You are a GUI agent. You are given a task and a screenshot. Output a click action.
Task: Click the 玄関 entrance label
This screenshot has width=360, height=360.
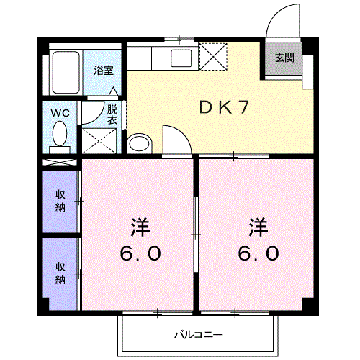[284, 58]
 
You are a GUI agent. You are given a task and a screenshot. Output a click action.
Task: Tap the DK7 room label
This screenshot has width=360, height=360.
[224, 107]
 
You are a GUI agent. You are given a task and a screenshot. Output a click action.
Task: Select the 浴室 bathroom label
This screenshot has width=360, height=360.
[104, 71]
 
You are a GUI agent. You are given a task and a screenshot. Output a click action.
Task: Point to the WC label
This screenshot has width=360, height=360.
[60, 113]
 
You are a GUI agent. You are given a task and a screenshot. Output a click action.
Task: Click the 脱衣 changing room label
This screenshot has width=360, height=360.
[112, 114]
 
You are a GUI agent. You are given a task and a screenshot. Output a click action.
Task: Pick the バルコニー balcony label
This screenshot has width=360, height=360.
[199, 335]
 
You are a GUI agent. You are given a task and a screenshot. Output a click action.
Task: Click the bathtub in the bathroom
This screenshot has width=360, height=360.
[66, 73]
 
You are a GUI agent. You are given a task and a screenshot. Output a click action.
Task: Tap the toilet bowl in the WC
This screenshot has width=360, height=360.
[60, 134]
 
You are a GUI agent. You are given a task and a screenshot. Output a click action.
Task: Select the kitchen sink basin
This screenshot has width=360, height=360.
[181, 58]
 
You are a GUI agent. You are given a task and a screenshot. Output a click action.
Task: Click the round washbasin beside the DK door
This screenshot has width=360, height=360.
[139, 143]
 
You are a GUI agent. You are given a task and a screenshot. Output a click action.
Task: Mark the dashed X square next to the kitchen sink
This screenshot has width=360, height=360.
[213, 57]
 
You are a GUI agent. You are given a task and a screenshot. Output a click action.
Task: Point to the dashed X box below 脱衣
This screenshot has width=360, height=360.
[99, 141]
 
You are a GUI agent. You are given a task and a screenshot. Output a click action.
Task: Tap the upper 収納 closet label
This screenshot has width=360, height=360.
[60, 201]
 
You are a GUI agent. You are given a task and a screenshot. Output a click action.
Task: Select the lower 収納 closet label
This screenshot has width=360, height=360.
[60, 274]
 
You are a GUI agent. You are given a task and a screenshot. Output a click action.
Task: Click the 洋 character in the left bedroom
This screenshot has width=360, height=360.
[140, 228]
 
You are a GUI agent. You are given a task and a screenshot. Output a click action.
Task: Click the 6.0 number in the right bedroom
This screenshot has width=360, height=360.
[258, 253]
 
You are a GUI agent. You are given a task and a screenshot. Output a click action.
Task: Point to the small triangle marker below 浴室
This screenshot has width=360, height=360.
[113, 91]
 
